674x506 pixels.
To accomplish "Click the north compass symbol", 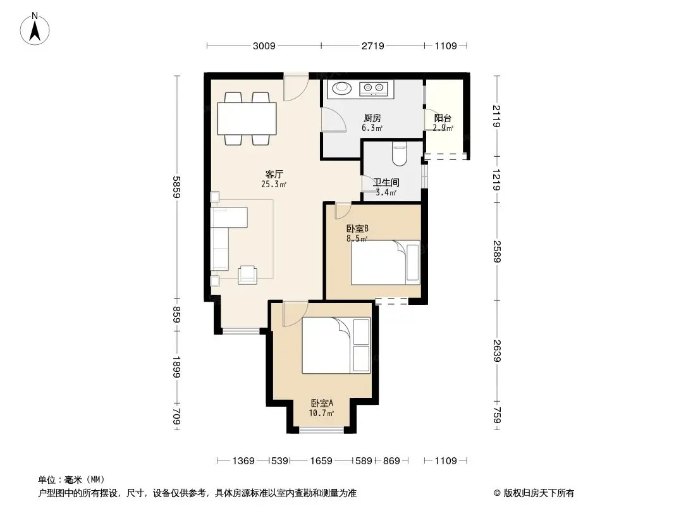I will click(36, 28).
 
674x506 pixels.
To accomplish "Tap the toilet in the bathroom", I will click(400, 154).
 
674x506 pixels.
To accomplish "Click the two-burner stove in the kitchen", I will click(374, 89).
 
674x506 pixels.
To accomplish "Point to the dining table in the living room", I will click(247, 118).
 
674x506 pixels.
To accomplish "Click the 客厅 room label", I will click(274, 175).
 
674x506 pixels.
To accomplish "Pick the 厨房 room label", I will click(372, 118).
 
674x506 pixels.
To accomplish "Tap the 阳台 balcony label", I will click(443, 118).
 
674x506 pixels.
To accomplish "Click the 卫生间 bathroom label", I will click(384, 183).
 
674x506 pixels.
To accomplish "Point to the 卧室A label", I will click(321, 403).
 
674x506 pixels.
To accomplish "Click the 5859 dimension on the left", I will click(178, 187).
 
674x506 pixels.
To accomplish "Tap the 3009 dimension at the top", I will click(264, 46).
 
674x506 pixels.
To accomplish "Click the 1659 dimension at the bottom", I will click(321, 461).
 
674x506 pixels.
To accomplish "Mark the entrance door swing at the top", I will click(295, 87).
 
